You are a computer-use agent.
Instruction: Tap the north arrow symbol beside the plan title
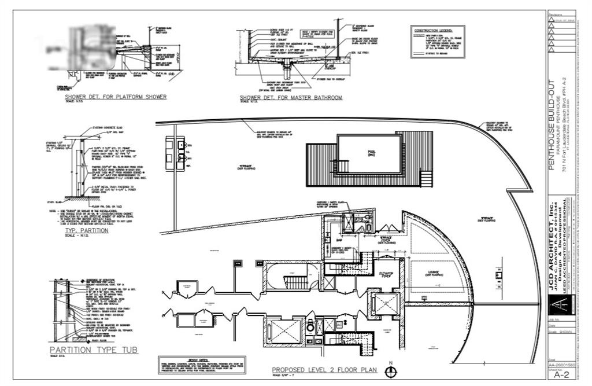(391, 372)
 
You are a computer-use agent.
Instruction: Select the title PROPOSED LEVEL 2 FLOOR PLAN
(324, 370)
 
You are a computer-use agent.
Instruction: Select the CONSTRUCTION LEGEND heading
(438, 30)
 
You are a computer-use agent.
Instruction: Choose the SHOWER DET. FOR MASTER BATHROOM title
(291, 98)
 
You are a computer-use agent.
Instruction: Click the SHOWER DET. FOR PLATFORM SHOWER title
(116, 97)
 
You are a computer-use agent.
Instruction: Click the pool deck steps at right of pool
(427, 177)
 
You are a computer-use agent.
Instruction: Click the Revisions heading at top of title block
(556, 14)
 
